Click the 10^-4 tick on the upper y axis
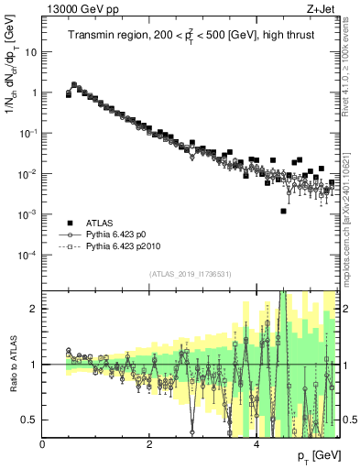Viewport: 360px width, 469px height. [27, 254]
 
